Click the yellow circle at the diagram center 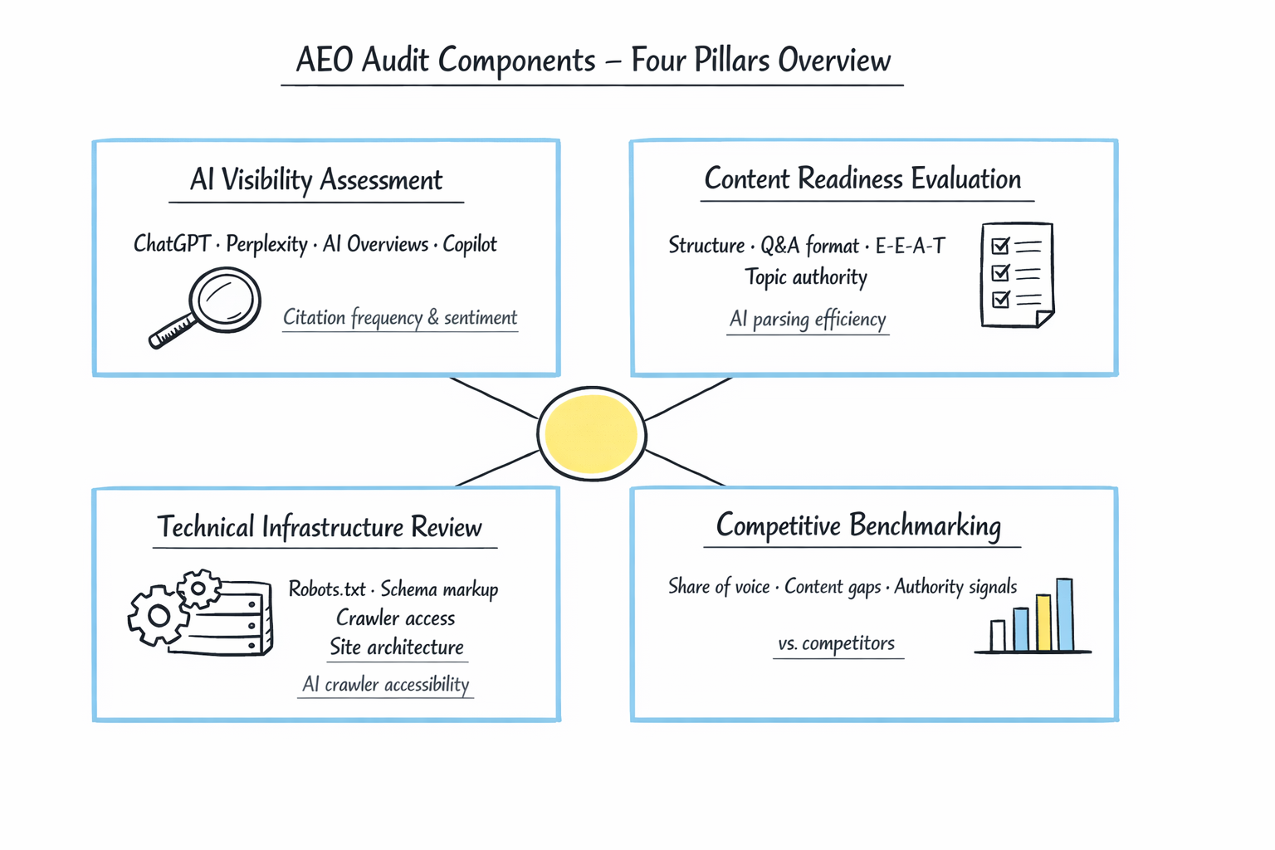click(592, 433)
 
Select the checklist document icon click(1017, 275)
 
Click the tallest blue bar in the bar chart click(1064, 614)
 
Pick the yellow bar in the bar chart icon click(1043, 622)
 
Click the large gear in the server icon click(158, 615)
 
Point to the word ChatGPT click(172, 244)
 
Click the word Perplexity click(266, 244)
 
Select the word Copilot click(470, 244)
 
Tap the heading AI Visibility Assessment click(316, 180)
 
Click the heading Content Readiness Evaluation click(862, 179)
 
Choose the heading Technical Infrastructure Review click(320, 527)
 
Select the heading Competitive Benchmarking click(858, 525)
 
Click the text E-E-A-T click(910, 246)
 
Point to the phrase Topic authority click(805, 277)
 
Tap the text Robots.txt click(327, 589)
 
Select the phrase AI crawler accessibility click(386, 684)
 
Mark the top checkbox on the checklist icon click(1000, 246)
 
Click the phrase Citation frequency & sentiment click(400, 318)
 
